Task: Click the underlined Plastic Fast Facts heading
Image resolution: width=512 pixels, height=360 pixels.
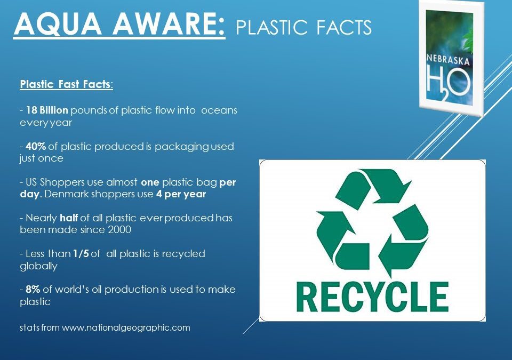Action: (x=66, y=84)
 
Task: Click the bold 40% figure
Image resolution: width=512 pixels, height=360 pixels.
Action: (x=35, y=147)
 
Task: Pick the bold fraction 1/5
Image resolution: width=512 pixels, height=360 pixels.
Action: (x=81, y=254)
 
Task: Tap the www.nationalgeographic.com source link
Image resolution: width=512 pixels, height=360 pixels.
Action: (x=126, y=327)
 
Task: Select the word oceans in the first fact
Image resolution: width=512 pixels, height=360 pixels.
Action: (x=219, y=110)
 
